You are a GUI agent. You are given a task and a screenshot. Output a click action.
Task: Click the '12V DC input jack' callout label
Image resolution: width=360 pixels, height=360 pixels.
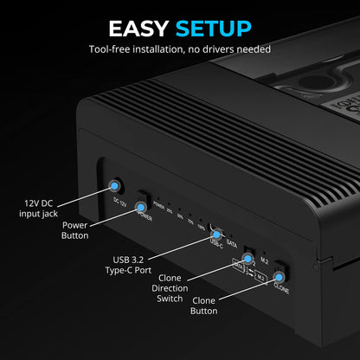pos(42,208)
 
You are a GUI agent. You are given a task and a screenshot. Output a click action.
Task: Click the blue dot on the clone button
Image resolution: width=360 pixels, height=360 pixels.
pos(279,279)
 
